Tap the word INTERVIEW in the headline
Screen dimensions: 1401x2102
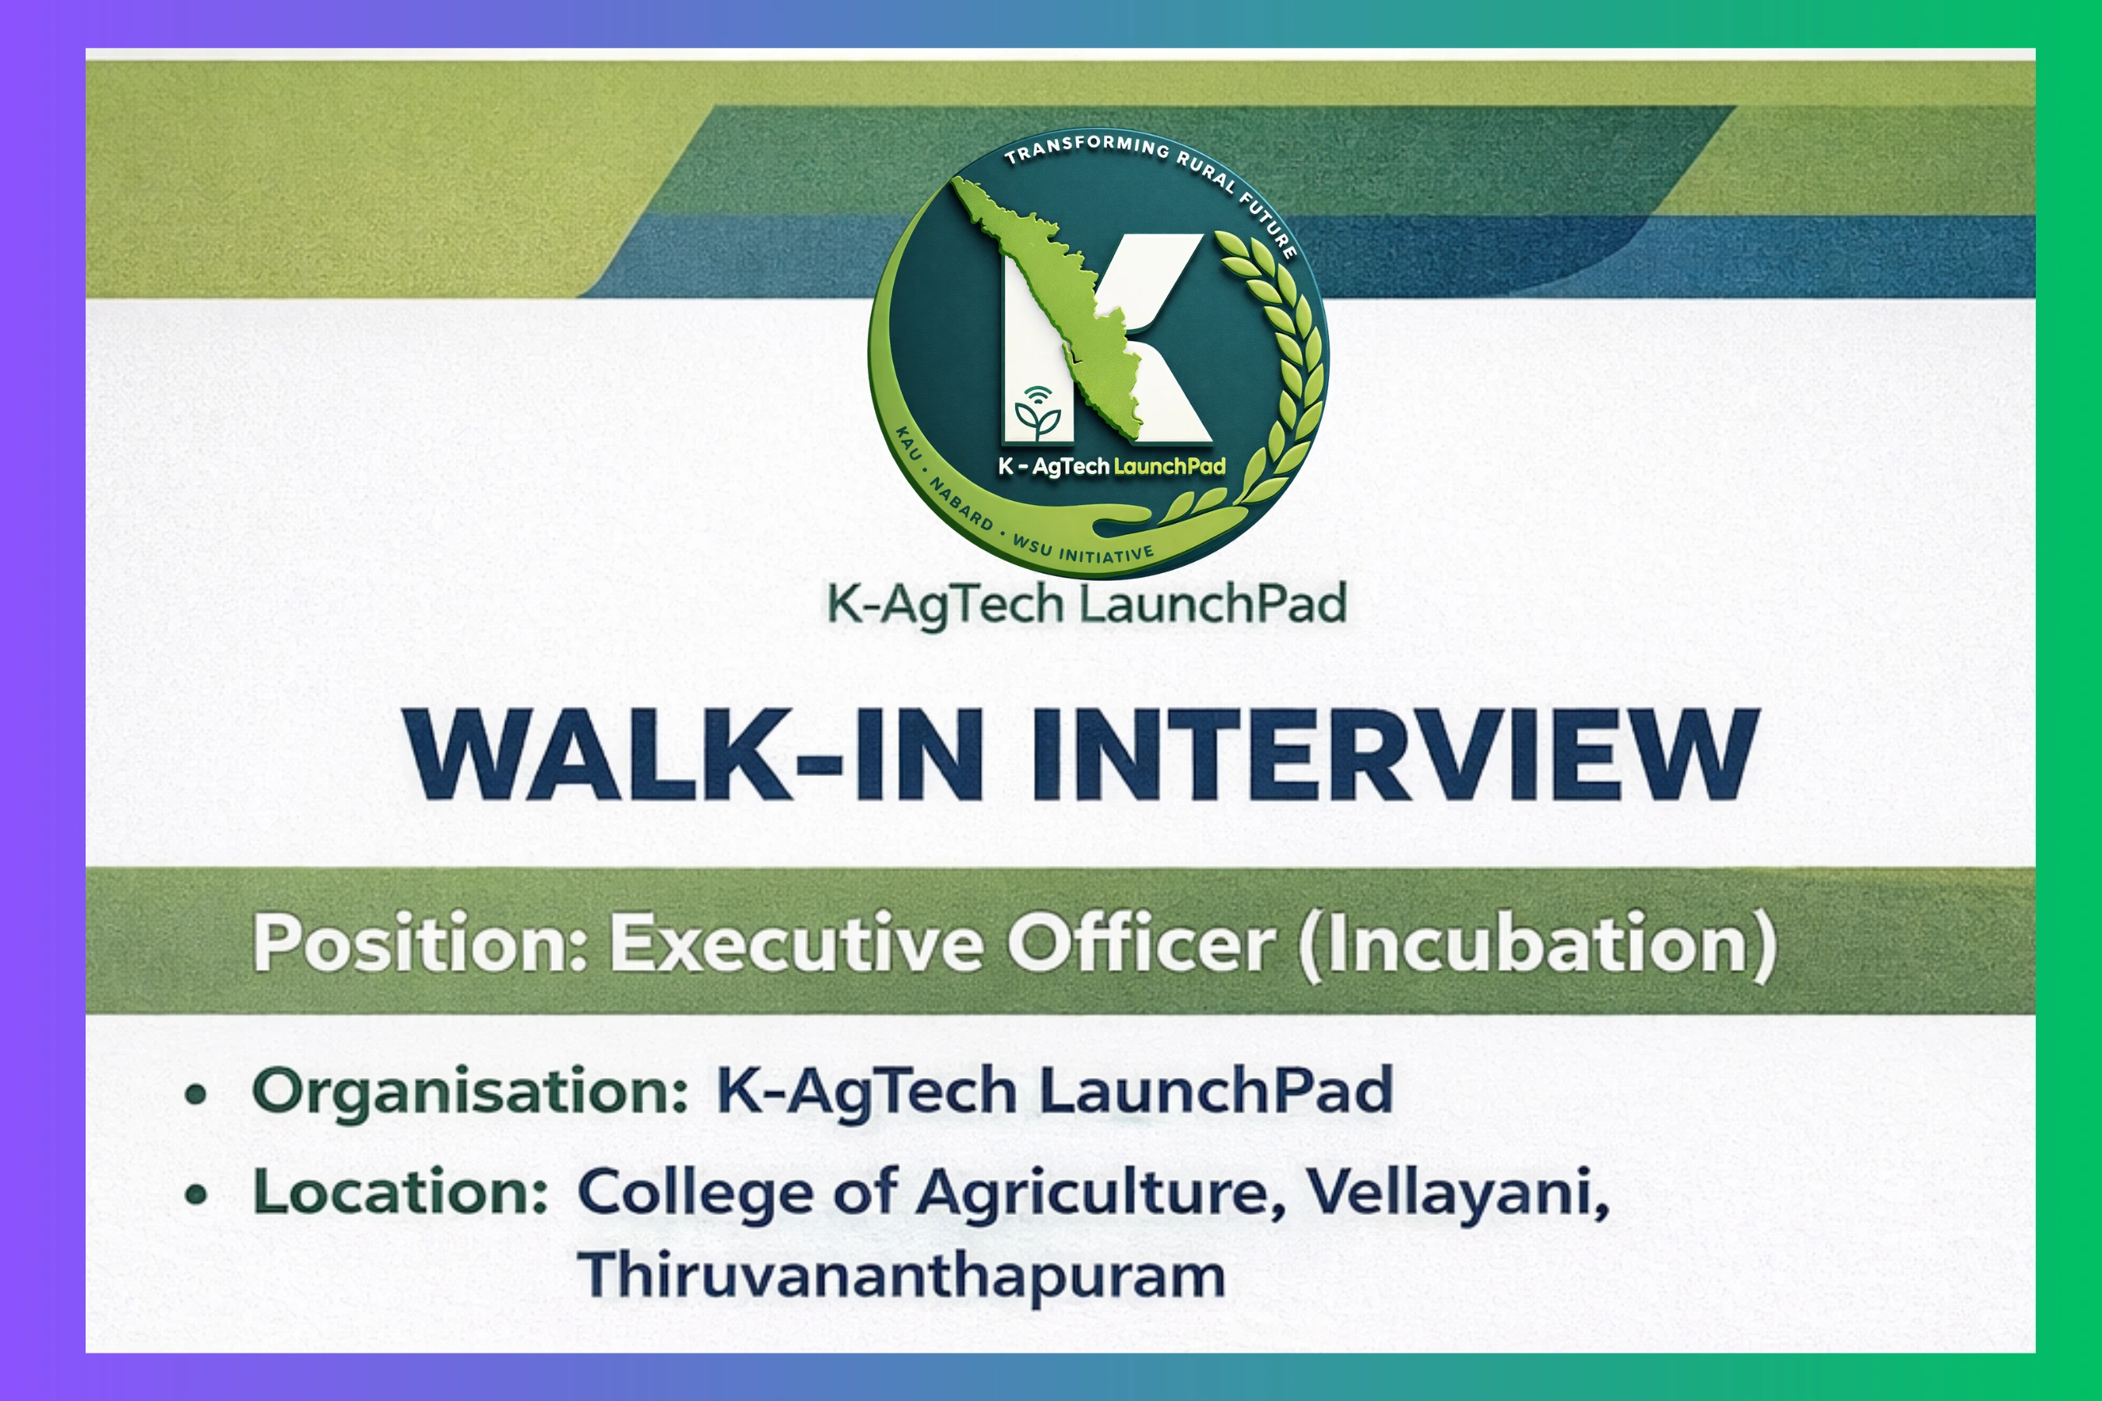pos(1394,755)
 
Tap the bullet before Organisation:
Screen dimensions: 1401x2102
pos(195,1094)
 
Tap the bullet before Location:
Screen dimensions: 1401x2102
pos(195,1195)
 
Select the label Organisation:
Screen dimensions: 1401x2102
pos(470,1092)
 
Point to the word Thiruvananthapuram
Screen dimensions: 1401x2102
pos(901,1275)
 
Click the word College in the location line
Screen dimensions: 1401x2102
pos(695,1194)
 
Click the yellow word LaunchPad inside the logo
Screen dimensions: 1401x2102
pos(1169,466)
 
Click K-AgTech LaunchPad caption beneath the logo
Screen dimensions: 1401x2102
pos(1086,604)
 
